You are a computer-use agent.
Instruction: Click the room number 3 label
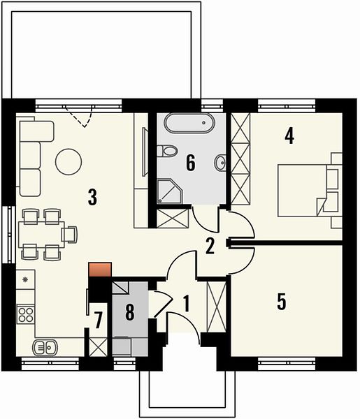(92, 197)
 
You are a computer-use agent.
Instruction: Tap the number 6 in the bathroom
(190, 163)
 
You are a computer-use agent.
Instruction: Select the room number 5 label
(282, 302)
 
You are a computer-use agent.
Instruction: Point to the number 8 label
(130, 312)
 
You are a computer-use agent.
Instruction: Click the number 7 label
(99, 320)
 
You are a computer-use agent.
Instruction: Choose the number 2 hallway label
(210, 246)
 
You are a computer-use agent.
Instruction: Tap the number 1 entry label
(187, 304)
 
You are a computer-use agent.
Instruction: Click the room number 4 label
(289, 135)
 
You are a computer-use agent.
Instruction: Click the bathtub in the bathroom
(189, 123)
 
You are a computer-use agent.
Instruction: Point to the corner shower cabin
(170, 191)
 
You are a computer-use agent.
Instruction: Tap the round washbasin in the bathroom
(220, 162)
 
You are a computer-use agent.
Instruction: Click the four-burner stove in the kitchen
(26, 314)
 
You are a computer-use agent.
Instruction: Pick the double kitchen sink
(45, 347)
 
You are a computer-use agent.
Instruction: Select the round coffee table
(69, 162)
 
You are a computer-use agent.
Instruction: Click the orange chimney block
(100, 270)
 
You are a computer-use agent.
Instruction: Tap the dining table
(41, 235)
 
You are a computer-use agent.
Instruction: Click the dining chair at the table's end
(70, 235)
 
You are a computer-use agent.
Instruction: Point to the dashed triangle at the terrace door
(80, 116)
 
